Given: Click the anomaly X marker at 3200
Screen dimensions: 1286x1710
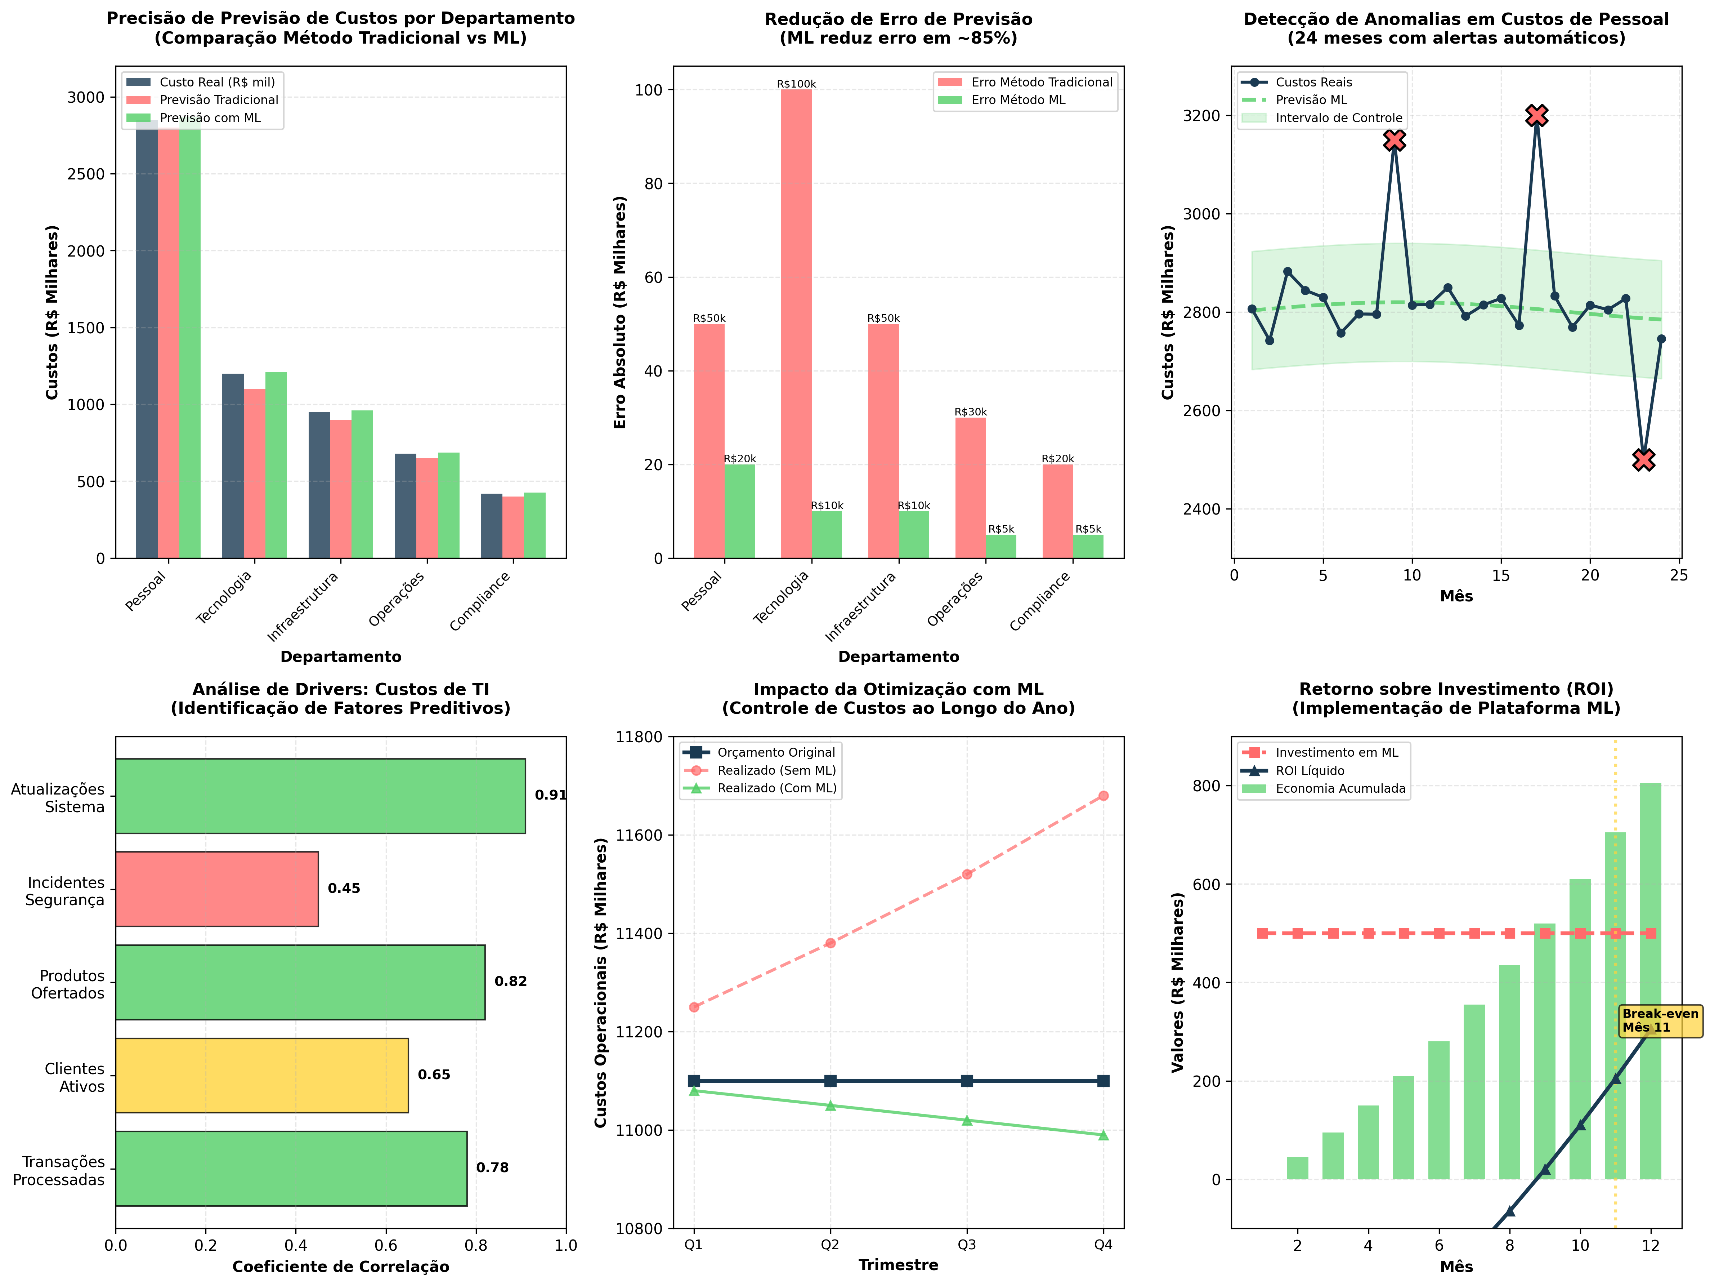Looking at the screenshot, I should pos(1537,115).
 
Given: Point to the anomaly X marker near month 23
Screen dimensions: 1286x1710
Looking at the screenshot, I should pos(1643,459).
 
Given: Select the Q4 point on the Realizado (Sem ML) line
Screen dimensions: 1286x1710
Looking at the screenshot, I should pos(1103,796).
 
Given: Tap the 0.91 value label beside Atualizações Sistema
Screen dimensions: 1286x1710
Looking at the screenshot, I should pos(550,795).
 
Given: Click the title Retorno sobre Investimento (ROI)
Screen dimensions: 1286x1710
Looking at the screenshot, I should pos(1456,689).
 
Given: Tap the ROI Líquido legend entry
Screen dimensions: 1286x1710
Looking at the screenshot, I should pos(1310,771).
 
